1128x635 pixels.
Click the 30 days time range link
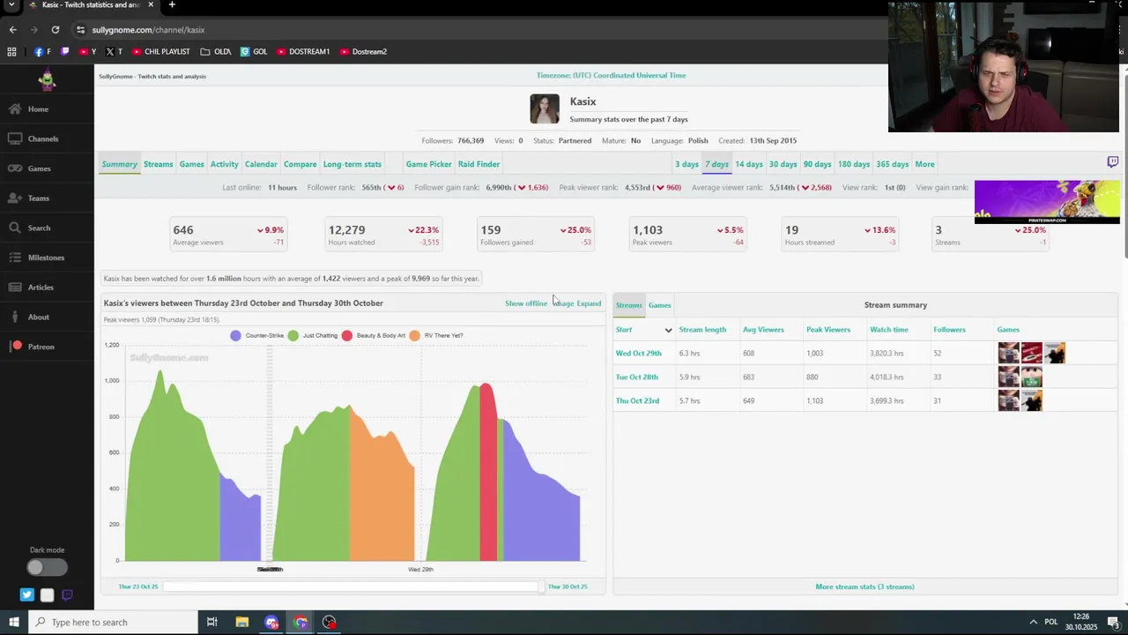[x=783, y=164]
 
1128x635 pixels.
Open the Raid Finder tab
[x=479, y=164]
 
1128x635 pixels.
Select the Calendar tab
[x=261, y=164]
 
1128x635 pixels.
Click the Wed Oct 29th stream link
[x=638, y=353]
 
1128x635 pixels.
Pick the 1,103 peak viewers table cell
[x=814, y=400]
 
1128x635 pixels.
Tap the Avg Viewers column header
[x=763, y=329]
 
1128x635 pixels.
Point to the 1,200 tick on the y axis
[x=111, y=345]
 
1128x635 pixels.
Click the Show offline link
[x=526, y=303]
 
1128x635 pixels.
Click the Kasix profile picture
[x=545, y=109]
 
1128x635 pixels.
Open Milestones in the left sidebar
[x=46, y=258]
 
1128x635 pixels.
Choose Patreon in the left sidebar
[x=41, y=347]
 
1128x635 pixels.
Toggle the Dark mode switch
[x=47, y=568]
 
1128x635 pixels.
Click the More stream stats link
[x=865, y=586]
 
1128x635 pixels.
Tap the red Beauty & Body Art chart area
[x=487, y=476]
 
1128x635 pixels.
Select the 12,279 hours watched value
[x=346, y=230]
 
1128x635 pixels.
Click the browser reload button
[x=55, y=29]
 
